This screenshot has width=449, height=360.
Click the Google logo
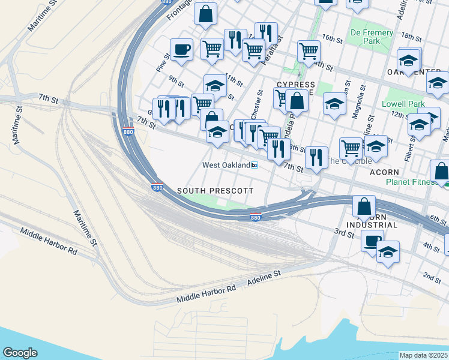coord(20,352)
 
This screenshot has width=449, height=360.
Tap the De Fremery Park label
coord(372,37)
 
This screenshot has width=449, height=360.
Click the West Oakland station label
coord(225,165)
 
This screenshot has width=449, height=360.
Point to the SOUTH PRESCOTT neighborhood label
coord(215,190)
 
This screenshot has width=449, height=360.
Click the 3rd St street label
coord(345,232)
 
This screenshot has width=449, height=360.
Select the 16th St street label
coord(332,38)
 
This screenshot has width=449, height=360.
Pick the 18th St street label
coord(411,37)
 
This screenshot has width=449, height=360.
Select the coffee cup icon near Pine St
coord(181,50)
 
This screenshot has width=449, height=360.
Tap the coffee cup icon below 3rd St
coord(372,241)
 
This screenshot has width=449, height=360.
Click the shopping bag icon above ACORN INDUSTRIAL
coord(364,207)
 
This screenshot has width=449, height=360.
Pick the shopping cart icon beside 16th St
coord(309,52)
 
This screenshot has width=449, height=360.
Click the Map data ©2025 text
coord(424,355)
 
